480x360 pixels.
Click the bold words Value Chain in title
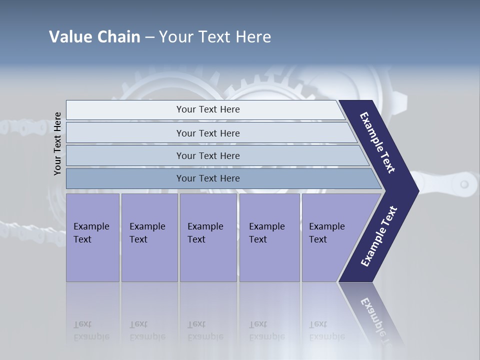(x=94, y=37)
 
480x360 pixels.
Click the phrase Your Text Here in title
(x=215, y=37)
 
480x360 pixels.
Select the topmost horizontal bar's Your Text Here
(x=208, y=109)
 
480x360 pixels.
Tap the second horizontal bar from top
(x=208, y=133)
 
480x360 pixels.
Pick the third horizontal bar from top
(x=208, y=155)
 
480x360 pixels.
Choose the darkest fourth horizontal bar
(x=208, y=178)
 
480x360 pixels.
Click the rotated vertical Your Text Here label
(x=57, y=144)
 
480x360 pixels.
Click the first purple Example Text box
(x=92, y=233)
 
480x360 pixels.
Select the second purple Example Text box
(x=149, y=233)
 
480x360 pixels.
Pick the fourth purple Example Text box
(x=269, y=233)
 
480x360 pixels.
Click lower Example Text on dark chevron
(x=379, y=236)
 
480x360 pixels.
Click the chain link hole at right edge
(x=464, y=184)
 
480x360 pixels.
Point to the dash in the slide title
(x=149, y=37)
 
